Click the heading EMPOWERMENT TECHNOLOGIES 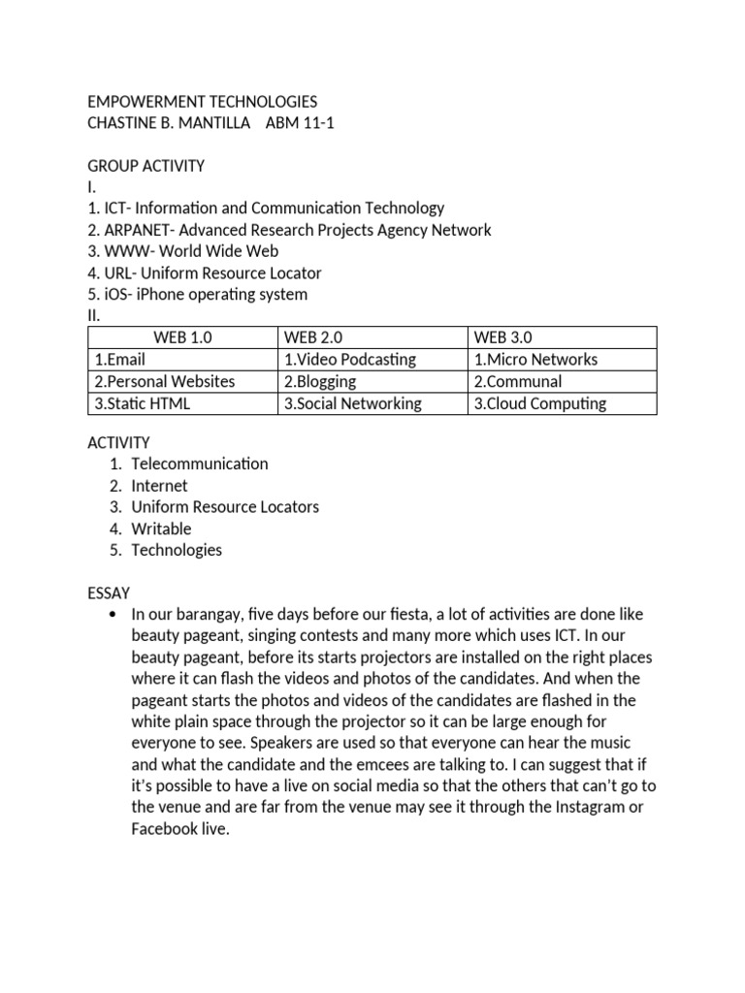click(202, 102)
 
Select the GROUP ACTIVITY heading click(146, 166)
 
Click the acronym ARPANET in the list click(133, 230)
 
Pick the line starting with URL click(205, 272)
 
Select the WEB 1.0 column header click(181, 337)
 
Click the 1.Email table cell click(120, 359)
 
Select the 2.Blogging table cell click(320, 381)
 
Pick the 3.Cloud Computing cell click(540, 403)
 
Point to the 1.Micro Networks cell click(536, 359)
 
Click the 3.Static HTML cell click(139, 403)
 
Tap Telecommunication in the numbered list click(199, 464)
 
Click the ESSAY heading click(109, 592)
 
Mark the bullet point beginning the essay click(115, 615)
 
